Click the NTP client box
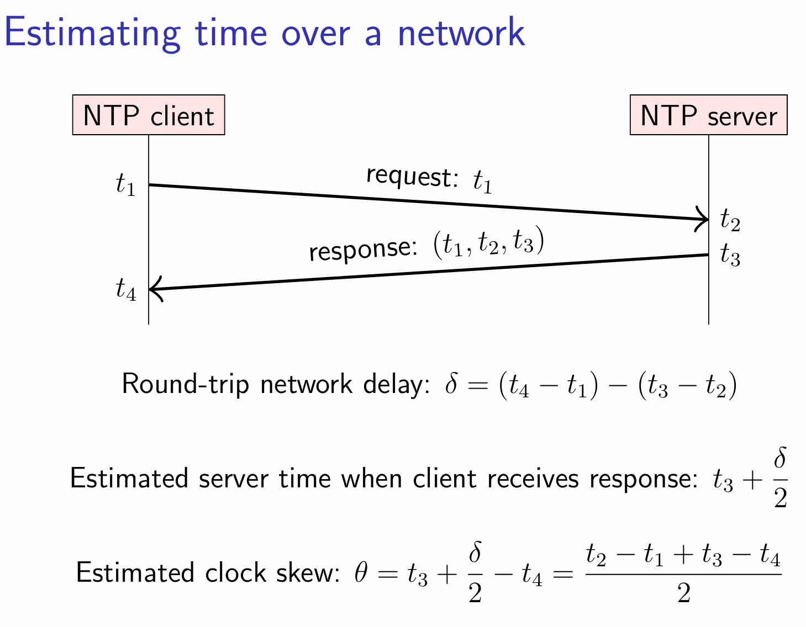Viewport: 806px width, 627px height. (x=149, y=115)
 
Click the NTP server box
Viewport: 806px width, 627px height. (x=708, y=115)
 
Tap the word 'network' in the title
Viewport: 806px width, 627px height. (x=461, y=33)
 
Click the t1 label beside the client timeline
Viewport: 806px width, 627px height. (x=125, y=184)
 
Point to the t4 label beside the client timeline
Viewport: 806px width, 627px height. (x=126, y=289)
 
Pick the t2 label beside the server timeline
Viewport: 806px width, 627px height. (x=730, y=219)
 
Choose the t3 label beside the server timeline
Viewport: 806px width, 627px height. (x=730, y=254)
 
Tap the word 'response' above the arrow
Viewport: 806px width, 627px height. (x=363, y=249)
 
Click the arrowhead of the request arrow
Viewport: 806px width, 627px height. (x=702, y=219)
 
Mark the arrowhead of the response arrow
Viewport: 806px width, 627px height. (x=156, y=289)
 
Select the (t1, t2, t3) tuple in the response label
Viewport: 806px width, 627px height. (x=489, y=242)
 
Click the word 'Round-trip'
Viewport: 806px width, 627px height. (x=186, y=384)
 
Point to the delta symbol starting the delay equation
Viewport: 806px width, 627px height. (x=451, y=383)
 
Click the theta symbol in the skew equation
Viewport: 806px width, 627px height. (x=361, y=572)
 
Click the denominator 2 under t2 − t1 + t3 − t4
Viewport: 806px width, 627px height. (x=683, y=593)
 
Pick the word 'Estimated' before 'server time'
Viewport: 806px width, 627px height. (x=129, y=479)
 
